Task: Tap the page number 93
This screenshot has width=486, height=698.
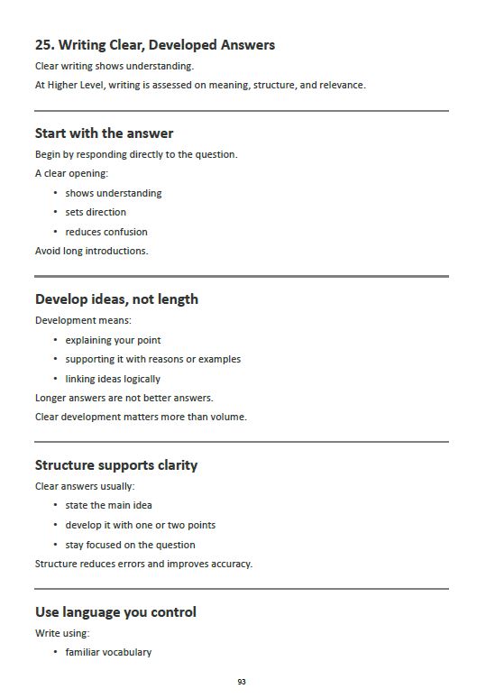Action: pyautogui.click(x=242, y=682)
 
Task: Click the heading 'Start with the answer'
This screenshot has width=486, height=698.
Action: pyautogui.click(x=104, y=133)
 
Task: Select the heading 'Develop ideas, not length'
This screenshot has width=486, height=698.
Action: pyautogui.click(x=116, y=299)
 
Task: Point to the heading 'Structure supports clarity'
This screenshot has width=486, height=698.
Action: pyautogui.click(x=116, y=465)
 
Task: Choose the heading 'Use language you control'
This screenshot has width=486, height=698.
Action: pyautogui.click(x=115, y=612)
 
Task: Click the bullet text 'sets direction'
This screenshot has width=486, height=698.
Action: pyautogui.click(x=96, y=212)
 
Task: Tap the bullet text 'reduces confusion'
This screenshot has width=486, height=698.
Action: pyautogui.click(x=106, y=232)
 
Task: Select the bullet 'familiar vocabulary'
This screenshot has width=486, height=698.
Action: pyautogui.click(x=108, y=652)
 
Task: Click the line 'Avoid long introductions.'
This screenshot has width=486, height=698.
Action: pyautogui.click(x=91, y=251)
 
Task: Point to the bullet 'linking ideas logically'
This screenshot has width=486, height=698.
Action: pyautogui.click(x=113, y=379)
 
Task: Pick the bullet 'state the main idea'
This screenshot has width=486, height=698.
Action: pyautogui.click(x=108, y=505)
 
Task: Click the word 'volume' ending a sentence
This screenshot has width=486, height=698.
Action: pyautogui.click(x=230, y=417)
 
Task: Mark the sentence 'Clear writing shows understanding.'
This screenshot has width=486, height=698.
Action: pyautogui.click(x=114, y=66)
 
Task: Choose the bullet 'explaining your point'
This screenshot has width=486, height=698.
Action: pyautogui.click(x=113, y=340)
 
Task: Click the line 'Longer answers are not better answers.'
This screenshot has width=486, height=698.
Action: pyautogui.click(x=124, y=398)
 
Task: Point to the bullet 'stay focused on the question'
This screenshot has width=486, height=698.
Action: pyautogui.click(x=130, y=545)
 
